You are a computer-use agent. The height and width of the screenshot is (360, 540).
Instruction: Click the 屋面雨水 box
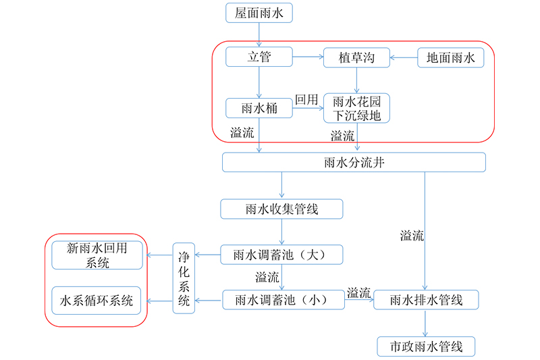(259, 13)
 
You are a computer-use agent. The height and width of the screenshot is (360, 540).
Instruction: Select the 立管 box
(259, 57)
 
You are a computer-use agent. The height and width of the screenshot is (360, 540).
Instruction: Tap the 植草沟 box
(357, 57)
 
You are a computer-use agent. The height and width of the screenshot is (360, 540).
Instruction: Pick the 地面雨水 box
(450, 57)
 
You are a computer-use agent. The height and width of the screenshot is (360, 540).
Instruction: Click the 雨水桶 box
(259, 108)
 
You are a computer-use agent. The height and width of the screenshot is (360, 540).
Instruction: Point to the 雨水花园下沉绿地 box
(357, 108)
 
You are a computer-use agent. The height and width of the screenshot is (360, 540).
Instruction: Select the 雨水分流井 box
(354, 162)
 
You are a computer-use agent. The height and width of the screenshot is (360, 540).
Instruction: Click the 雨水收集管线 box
(281, 209)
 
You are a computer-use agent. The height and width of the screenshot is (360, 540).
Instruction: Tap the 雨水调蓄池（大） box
(281, 255)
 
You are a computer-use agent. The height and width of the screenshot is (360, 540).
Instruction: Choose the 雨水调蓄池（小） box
(283, 300)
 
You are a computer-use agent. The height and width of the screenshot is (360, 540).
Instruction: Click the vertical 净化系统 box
(184, 278)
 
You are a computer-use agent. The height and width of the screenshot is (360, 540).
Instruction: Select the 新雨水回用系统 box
(97, 255)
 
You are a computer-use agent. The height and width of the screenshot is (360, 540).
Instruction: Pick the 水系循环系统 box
(97, 301)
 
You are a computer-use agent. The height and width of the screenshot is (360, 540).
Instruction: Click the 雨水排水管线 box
(426, 300)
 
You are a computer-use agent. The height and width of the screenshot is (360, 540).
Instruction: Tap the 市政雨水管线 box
(426, 346)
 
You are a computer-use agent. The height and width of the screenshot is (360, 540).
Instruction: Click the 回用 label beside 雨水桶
(306, 99)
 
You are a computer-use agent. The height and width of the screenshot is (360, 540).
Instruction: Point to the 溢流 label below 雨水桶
(242, 132)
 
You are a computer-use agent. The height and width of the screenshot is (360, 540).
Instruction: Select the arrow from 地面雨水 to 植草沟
(404, 57)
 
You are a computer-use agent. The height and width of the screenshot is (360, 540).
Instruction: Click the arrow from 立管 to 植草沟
(308, 57)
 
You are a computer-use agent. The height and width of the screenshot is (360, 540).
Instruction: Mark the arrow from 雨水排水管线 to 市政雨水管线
(425, 323)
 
